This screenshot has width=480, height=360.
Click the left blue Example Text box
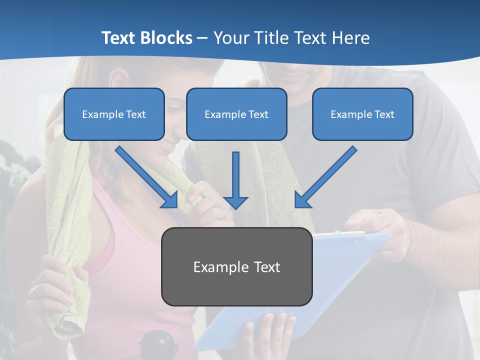(114, 114)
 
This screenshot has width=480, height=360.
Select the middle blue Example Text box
(236, 114)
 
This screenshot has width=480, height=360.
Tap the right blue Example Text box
(362, 114)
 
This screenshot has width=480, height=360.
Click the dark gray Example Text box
(236, 267)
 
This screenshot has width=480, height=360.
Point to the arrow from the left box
(147, 177)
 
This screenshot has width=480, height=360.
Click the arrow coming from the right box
(325, 177)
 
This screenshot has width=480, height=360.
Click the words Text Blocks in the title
(146, 38)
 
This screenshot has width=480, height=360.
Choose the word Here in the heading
(349, 38)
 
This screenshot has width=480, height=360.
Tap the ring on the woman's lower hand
(33, 288)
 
